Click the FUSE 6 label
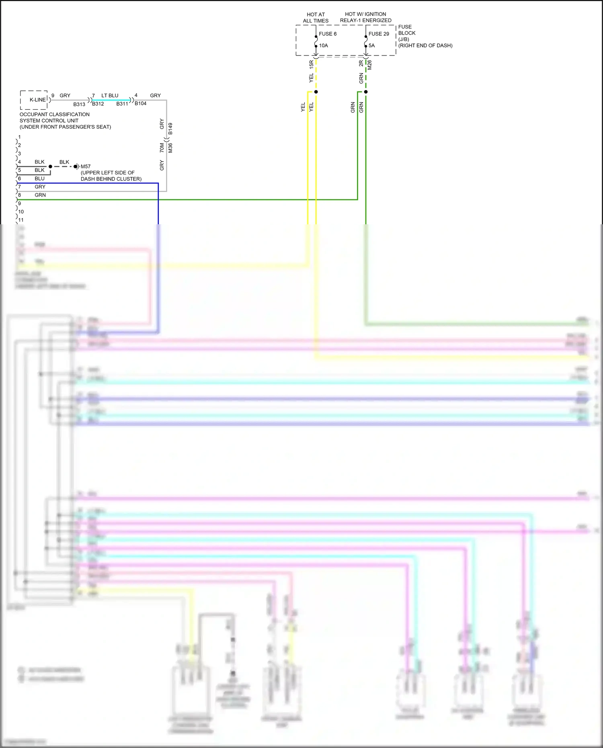[328, 34]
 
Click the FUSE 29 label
[379, 34]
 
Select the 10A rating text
[324, 45]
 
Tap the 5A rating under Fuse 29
[372, 45]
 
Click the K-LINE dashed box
[34, 100]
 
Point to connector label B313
[79, 105]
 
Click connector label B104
[141, 104]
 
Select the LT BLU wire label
[110, 96]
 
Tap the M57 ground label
[86, 166]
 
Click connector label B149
[170, 129]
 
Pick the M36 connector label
[170, 148]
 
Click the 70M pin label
[162, 148]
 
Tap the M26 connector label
[370, 65]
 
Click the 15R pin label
[312, 64]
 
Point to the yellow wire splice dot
[316, 92]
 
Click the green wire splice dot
[366, 92]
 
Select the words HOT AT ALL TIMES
[316, 17]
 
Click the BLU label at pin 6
[39, 178]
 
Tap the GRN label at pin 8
[40, 195]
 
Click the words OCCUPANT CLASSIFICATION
[55, 115]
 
